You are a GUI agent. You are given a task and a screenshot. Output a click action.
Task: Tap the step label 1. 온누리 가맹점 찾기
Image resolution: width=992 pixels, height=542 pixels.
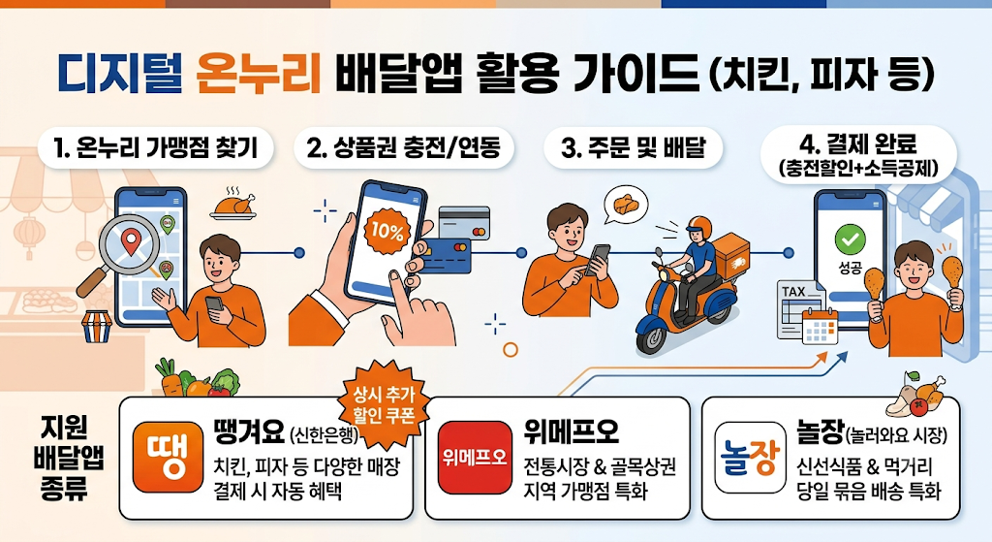[x=156, y=148]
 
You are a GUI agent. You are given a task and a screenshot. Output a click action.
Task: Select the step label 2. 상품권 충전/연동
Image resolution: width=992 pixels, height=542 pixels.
[x=404, y=148]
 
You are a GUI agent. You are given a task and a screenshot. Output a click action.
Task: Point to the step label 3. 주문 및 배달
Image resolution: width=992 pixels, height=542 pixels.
[x=634, y=148]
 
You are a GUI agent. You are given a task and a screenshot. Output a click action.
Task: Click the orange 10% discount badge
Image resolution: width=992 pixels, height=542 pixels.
[x=387, y=231]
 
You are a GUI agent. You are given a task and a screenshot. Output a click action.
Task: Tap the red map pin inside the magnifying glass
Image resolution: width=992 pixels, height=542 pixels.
[x=131, y=241]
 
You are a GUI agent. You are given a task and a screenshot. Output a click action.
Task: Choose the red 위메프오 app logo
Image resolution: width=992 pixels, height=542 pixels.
[x=475, y=457]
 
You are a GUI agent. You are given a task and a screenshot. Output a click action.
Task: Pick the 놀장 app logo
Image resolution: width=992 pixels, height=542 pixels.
[x=751, y=457]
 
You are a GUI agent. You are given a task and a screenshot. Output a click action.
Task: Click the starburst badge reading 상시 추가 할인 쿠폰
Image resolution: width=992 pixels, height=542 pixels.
[x=384, y=404]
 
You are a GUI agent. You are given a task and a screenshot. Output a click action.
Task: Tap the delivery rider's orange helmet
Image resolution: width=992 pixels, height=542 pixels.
[x=697, y=227]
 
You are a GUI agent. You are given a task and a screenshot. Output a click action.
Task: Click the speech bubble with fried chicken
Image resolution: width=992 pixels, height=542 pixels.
[x=625, y=205]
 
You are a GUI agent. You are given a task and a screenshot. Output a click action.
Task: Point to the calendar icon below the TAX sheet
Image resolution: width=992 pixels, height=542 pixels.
[x=820, y=326]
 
